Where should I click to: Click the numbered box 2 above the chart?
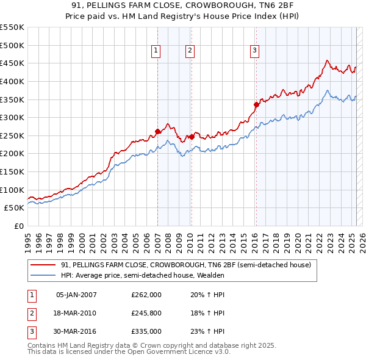pos(190,51)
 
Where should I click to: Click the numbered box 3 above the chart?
pos(254,51)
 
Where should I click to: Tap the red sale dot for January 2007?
pos(157,131)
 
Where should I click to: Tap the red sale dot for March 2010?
pos(191,137)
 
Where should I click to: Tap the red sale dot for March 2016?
pos(256,104)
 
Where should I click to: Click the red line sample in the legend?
pos(43,265)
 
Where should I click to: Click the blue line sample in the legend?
pos(43,275)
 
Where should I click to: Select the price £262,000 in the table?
pos(146,295)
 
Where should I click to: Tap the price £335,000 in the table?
pos(146,331)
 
